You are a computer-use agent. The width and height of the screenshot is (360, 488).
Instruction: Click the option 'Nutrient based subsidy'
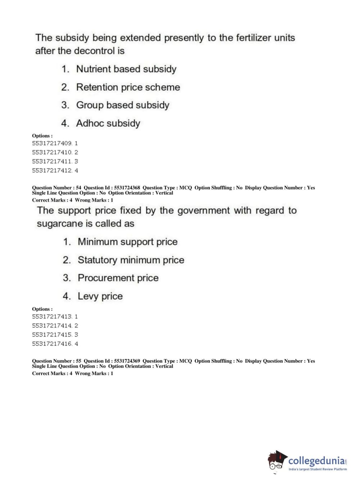tap(126, 69)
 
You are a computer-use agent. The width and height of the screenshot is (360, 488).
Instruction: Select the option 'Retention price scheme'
tap(128, 87)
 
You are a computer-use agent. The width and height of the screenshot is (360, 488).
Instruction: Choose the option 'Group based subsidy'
tap(122, 105)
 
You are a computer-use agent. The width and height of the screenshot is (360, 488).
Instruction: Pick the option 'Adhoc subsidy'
tap(108, 123)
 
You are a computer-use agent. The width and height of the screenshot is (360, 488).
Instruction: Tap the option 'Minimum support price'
tap(127, 242)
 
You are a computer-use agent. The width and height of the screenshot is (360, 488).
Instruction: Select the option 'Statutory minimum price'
tap(131, 260)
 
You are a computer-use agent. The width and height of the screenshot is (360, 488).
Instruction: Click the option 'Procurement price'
tap(118, 278)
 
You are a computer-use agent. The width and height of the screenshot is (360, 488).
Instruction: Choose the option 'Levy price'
tap(100, 297)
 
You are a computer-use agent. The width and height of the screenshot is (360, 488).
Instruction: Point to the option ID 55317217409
tap(52, 143)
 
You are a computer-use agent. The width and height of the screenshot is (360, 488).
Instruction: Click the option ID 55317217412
tap(52, 171)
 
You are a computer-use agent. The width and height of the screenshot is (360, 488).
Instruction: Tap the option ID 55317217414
tap(52, 326)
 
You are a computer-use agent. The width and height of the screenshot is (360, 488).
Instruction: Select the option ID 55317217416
tap(52, 344)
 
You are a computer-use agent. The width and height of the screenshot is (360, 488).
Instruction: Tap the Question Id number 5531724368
tap(127, 187)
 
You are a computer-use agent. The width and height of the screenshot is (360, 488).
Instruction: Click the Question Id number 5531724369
tap(127, 361)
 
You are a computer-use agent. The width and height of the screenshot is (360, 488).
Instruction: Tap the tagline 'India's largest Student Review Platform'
tap(318, 469)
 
